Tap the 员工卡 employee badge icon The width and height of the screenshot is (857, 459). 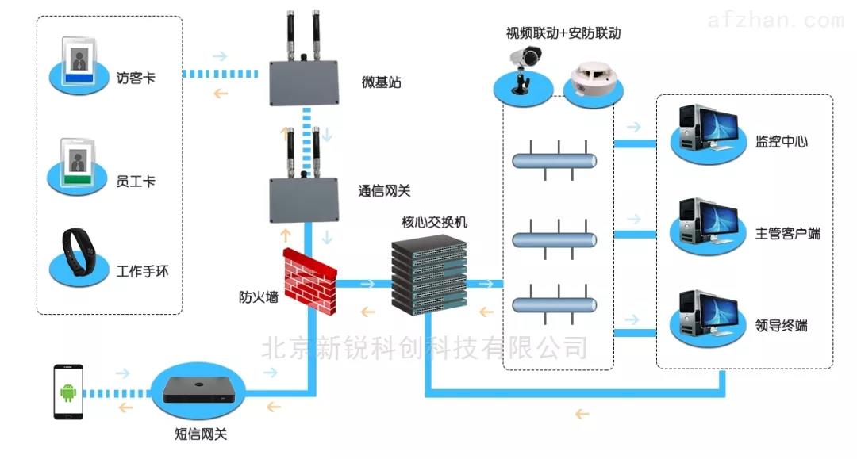(x=79, y=162)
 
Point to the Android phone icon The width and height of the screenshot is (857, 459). (x=68, y=392)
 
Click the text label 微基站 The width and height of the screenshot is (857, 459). (x=381, y=82)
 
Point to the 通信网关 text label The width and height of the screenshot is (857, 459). (x=384, y=191)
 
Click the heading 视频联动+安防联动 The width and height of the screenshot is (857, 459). (x=563, y=33)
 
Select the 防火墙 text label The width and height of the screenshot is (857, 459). (x=259, y=297)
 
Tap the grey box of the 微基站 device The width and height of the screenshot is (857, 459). (x=303, y=80)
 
